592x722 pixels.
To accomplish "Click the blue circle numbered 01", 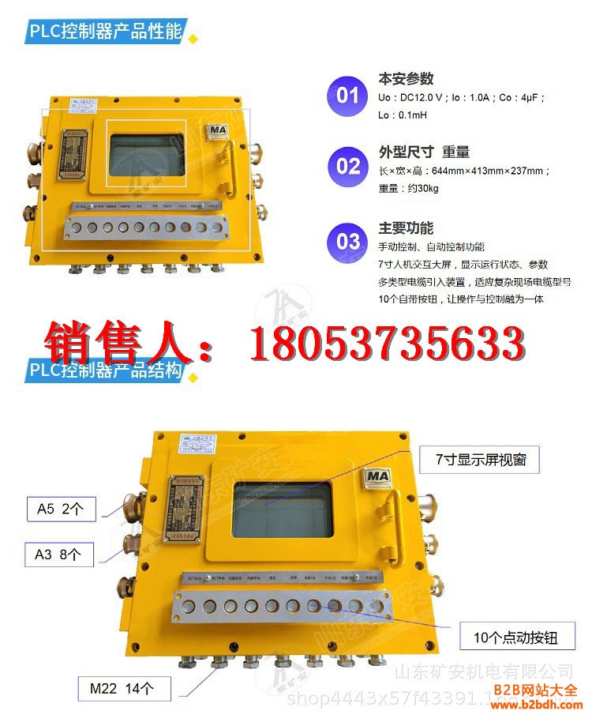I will [347, 96].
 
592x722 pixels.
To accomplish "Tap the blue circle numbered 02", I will [347, 166].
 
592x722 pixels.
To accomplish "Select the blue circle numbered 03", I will [347, 241].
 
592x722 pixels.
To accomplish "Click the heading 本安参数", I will [406, 79].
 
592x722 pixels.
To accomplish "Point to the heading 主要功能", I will [406, 228].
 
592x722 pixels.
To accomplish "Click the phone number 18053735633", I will [387, 344].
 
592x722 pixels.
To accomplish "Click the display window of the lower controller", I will [282, 510].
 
